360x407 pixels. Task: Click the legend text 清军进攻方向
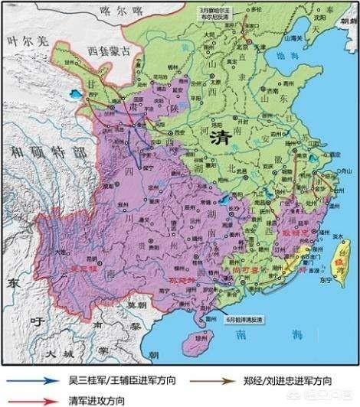tap(106, 396)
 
